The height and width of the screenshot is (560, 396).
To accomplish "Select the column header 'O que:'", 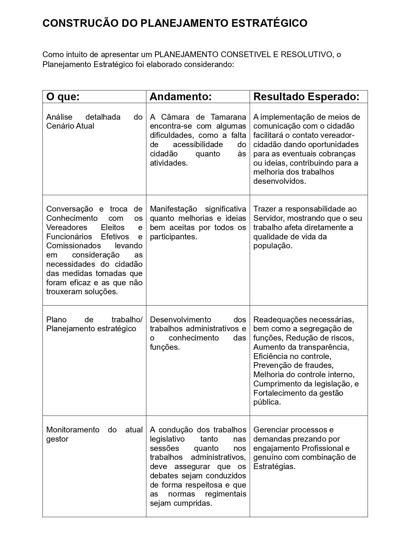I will click(x=63, y=97).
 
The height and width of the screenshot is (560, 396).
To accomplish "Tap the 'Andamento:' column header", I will click(x=181, y=97).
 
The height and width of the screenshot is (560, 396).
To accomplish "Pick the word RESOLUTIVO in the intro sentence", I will click(x=306, y=55).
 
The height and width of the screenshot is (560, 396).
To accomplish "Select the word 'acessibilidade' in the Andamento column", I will click(x=198, y=145).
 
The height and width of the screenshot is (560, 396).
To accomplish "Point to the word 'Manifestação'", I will click(x=174, y=209).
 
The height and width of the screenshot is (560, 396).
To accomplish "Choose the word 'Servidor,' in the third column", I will click(x=267, y=218).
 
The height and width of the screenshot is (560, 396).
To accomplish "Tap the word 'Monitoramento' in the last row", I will click(x=73, y=430).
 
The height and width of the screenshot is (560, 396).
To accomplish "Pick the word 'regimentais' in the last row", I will click(x=226, y=494).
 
